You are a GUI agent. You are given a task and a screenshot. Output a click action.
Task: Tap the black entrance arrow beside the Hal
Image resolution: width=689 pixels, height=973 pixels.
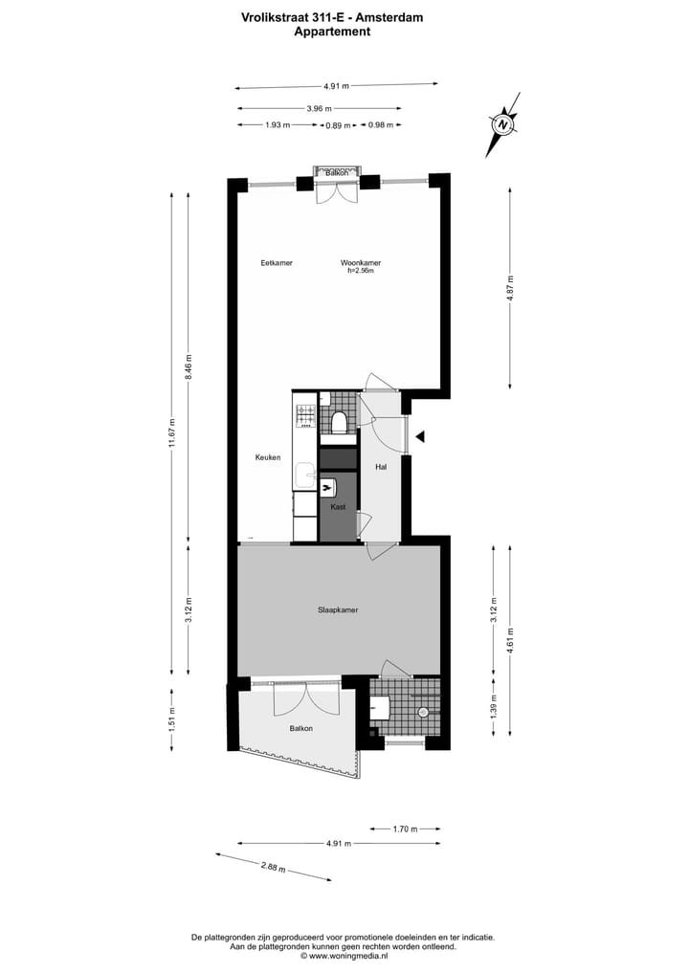tap(420, 436)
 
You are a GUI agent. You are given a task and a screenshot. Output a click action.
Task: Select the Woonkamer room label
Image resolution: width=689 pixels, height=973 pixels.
tap(360, 263)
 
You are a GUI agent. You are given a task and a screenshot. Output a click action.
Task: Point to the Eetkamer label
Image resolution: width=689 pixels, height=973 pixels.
tap(277, 263)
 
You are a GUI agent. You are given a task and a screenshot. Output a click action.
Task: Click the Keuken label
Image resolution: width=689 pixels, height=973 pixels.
tap(268, 457)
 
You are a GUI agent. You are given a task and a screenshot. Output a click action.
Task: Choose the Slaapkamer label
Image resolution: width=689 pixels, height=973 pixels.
tap(338, 609)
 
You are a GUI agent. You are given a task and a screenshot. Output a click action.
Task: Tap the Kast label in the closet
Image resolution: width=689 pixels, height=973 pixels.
tap(337, 506)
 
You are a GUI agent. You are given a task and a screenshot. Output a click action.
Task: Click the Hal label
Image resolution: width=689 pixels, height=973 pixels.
tap(380, 467)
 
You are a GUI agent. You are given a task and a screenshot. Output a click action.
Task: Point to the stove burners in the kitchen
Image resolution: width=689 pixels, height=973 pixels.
tap(305, 413)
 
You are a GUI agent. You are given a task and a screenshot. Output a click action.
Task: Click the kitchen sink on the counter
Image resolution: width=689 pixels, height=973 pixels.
tap(305, 471)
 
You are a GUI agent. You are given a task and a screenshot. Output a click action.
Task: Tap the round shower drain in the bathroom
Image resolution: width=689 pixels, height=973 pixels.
tap(422, 712)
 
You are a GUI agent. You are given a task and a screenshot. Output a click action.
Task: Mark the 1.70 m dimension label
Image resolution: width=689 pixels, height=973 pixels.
tap(405, 829)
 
